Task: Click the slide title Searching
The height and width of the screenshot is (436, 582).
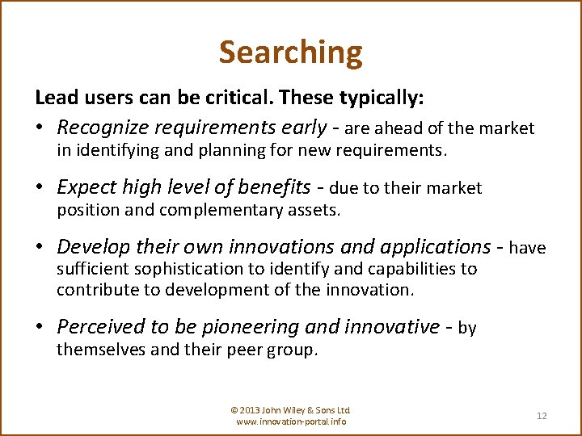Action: click(x=290, y=52)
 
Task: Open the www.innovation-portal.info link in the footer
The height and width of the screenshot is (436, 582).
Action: click(x=291, y=421)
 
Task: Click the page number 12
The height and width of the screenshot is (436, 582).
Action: click(x=542, y=416)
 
